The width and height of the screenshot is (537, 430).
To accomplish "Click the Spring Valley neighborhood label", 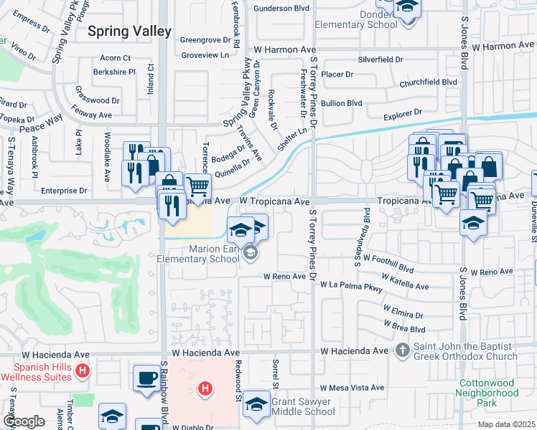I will [130, 32].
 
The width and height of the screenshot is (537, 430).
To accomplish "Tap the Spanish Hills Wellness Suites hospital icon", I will [83, 371].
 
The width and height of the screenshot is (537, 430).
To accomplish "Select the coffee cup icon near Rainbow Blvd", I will [146, 377].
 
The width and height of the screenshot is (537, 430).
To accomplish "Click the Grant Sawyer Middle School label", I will [302, 406].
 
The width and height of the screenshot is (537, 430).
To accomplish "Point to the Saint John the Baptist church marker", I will [403, 350].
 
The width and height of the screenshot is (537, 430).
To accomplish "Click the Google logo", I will [24, 421].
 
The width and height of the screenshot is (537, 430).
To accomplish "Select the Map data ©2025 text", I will [506, 424].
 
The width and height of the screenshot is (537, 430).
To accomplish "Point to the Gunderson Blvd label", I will [281, 9].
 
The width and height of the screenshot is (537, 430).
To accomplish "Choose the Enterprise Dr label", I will [63, 191].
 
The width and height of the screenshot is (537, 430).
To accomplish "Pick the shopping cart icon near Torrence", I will [197, 186].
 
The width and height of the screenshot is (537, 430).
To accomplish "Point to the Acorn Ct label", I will [116, 58].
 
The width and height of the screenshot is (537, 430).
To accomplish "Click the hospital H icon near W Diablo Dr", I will [205, 389].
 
